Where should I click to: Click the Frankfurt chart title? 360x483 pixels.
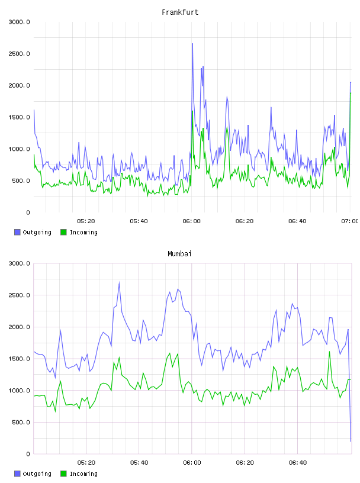[x=180, y=12]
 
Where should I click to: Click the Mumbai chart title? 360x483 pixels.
[x=179, y=254]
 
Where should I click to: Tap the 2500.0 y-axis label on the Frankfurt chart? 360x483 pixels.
[x=19, y=54]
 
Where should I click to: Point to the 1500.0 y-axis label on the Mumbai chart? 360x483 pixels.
[x=19, y=359]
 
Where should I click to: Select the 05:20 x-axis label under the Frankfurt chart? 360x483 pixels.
[x=86, y=221]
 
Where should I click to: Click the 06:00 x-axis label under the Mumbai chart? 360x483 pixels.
[x=192, y=463]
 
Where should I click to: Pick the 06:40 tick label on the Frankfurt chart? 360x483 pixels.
[x=297, y=221]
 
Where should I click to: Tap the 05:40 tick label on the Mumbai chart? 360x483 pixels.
[x=139, y=463]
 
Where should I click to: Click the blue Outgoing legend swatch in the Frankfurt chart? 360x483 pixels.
[x=17, y=232]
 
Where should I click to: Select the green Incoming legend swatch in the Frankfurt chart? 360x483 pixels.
[x=63, y=232]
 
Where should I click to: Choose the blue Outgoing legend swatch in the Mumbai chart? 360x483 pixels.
[x=17, y=474]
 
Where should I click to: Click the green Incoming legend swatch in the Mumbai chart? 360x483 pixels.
[x=63, y=474]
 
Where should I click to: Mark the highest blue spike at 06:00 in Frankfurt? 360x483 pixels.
[x=192, y=44]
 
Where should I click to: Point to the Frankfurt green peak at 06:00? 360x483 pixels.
[x=192, y=111]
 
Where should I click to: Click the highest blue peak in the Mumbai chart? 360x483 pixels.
[x=119, y=283]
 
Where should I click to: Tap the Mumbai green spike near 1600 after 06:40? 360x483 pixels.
[x=329, y=352]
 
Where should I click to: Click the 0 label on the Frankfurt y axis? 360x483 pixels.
[x=28, y=212]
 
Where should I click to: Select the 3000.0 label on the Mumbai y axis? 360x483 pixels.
[x=19, y=263]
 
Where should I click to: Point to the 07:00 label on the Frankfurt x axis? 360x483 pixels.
[x=350, y=221]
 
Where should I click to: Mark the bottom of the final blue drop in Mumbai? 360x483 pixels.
[x=351, y=441]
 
